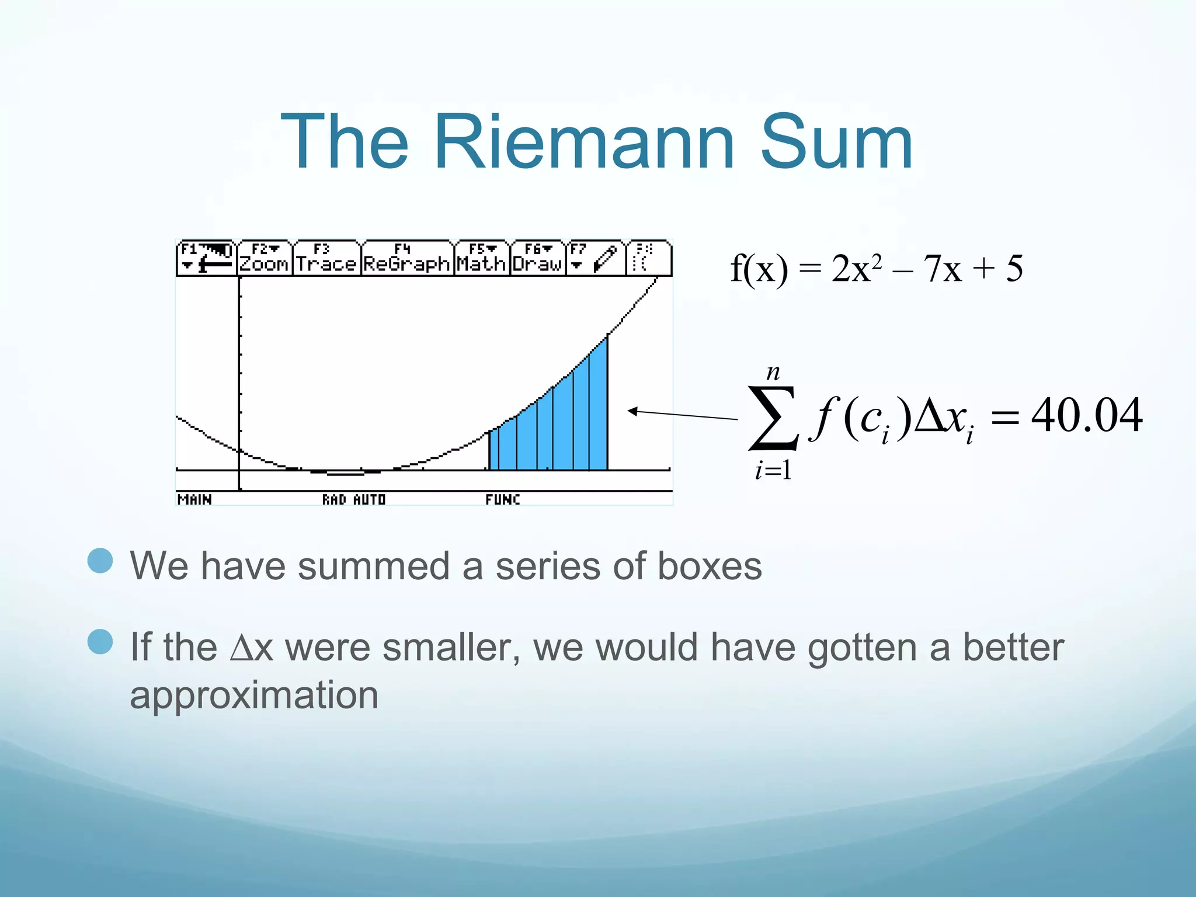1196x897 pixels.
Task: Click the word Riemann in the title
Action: (584, 142)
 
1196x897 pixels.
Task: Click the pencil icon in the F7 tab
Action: (606, 259)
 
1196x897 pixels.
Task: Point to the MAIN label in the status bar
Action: (194, 499)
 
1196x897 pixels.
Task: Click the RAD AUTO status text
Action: (354, 499)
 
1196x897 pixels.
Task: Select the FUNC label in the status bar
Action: (502, 499)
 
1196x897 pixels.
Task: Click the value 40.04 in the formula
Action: (1086, 416)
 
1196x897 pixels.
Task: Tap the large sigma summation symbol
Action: (773, 418)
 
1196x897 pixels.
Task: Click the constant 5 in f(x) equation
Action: (1014, 269)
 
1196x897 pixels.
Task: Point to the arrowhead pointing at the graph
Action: (632, 411)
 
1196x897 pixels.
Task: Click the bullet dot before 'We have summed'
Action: (100, 561)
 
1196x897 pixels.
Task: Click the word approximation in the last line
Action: (254, 695)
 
